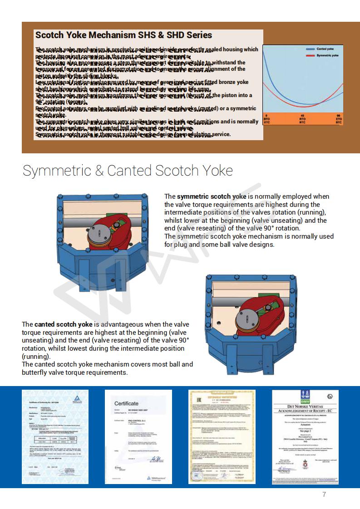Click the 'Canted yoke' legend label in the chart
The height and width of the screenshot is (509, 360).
click(x=325, y=49)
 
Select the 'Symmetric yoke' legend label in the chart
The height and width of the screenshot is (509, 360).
click(x=327, y=55)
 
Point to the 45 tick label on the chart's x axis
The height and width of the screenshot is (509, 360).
click(x=302, y=116)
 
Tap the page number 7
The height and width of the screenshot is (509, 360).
click(x=324, y=494)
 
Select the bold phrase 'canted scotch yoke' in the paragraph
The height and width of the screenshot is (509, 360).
click(x=63, y=324)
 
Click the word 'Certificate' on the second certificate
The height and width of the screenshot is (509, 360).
click(x=126, y=403)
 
